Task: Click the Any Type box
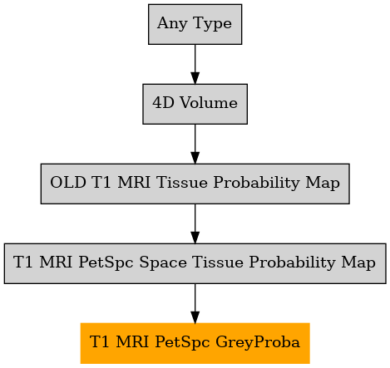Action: coord(195,24)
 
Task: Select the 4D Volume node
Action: coord(195,104)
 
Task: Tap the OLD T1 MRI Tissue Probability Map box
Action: coord(195,184)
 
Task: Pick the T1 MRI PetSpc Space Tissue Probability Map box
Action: coord(195,263)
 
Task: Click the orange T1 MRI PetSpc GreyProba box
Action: coord(195,343)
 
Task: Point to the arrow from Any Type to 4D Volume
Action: coord(195,64)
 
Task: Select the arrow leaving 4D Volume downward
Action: coord(195,144)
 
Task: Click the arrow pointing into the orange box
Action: coord(195,303)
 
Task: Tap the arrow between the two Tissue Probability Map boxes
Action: coord(195,223)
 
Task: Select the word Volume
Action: coord(209,103)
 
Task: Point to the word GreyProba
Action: coord(258,342)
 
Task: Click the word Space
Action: coord(163,263)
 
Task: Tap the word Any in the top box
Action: coord(172,23)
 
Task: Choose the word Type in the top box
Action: coord(212,23)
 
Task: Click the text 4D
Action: coord(163,103)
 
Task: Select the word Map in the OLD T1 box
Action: coord(323,183)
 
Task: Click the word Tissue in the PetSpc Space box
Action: coord(218,263)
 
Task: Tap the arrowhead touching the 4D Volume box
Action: coord(195,78)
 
